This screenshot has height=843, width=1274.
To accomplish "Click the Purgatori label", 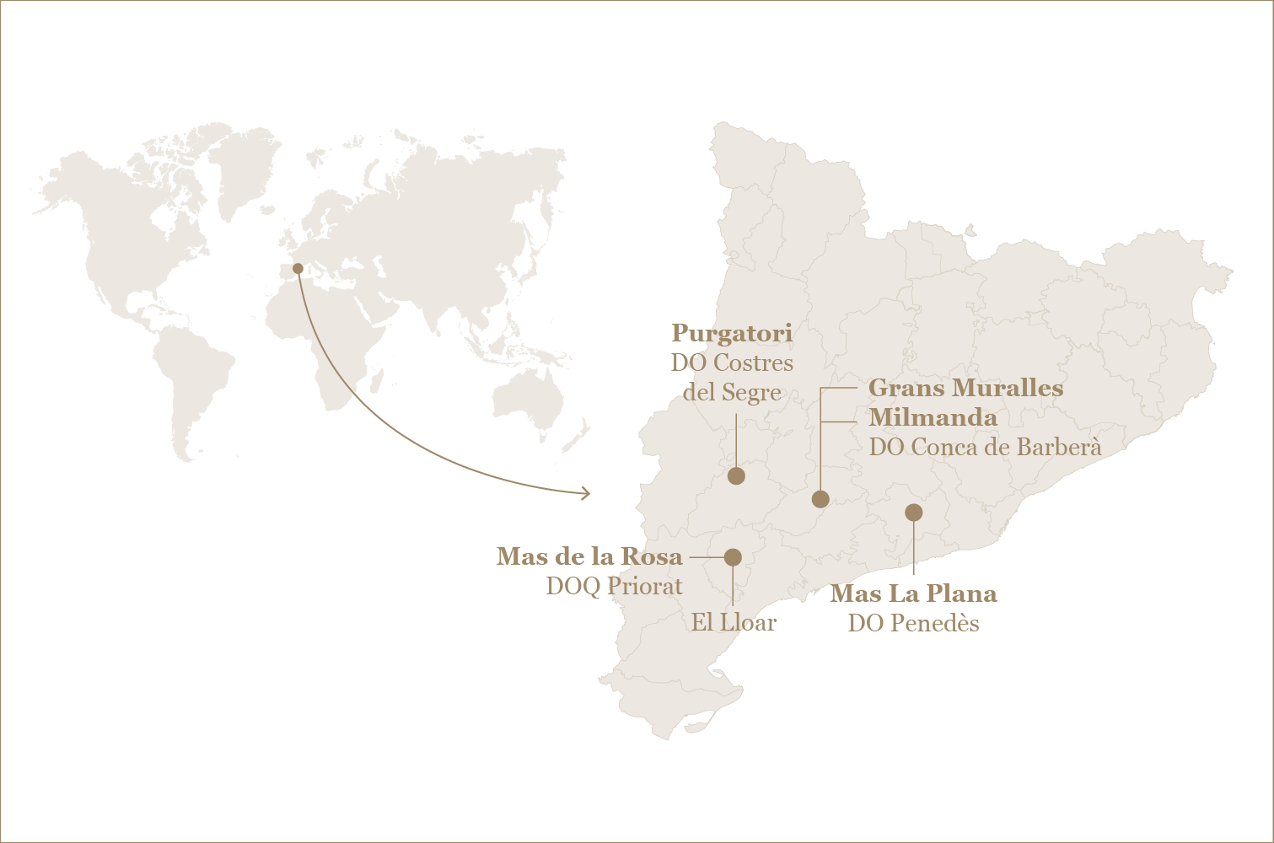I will [732, 334].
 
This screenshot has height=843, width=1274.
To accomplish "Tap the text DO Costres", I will [732, 363].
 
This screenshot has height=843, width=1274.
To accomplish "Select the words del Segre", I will [732, 393].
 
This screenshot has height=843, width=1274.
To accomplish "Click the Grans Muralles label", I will [965, 388].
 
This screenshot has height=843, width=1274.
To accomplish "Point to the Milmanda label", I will [933, 417].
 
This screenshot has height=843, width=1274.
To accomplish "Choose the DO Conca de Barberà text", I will [985, 447].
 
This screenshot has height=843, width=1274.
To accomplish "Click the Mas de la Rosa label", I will [589, 556].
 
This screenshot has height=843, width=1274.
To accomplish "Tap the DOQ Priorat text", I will [614, 586].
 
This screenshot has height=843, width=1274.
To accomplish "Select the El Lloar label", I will [734, 623].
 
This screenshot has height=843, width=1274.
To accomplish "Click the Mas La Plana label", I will [913, 593].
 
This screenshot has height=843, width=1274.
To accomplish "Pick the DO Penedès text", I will [913, 623].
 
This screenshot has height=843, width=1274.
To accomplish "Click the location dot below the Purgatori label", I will [736, 476].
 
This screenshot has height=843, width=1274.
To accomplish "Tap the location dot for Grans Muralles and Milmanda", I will [820, 499].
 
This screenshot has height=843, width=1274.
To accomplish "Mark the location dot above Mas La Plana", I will [913, 513].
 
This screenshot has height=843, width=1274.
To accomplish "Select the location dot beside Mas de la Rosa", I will [733, 557].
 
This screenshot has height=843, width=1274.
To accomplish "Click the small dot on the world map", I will [298, 269].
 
